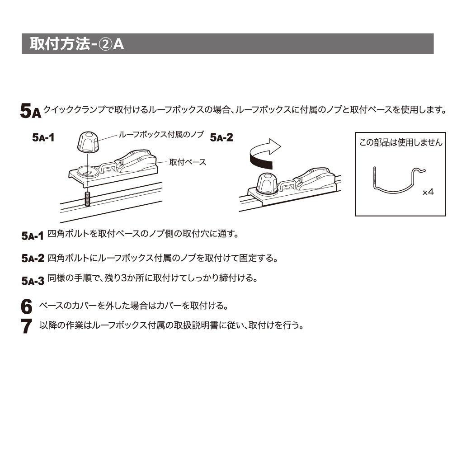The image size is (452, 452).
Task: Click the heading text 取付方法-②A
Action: [x=77, y=44]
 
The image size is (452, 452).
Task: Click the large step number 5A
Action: [x=31, y=111]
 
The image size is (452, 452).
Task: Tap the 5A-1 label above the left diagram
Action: [x=43, y=137]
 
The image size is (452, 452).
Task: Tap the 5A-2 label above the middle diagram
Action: [x=221, y=137]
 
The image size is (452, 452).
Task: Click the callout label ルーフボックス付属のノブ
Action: [x=161, y=134]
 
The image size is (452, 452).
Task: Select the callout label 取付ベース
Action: [x=188, y=162]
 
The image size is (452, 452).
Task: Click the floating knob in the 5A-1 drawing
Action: [x=88, y=141]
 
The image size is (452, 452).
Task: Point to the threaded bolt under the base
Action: [x=87, y=199]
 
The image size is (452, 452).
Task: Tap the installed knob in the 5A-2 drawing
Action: [x=267, y=184]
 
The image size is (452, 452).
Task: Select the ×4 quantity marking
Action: [x=428, y=192]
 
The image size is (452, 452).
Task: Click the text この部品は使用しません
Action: [x=400, y=142]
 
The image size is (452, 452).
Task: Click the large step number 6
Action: [x=27, y=306]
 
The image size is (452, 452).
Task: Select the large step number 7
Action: [x=27, y=326]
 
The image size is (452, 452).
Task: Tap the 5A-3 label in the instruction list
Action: [x=33, y=281]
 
